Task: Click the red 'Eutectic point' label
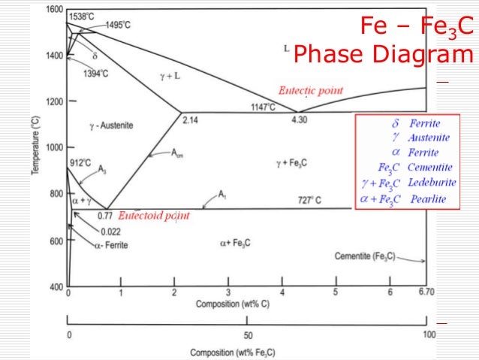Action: pyautogui.click(x=311, y=90)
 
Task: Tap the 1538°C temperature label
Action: pyautogui.click(x=82, y=17)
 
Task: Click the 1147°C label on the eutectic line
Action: pyautogui.click(x=264, y=107)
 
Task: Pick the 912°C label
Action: pyautogui.click(x=80, y=162)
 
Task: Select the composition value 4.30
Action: pyautogui.click(x=299, y=120)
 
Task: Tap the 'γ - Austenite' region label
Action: pyautogui.click(x=108, y=126)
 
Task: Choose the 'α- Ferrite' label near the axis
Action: pyautogui.click(x=110, y=245)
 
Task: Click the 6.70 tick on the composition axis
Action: pyautogui.click(x=426, y=292)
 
